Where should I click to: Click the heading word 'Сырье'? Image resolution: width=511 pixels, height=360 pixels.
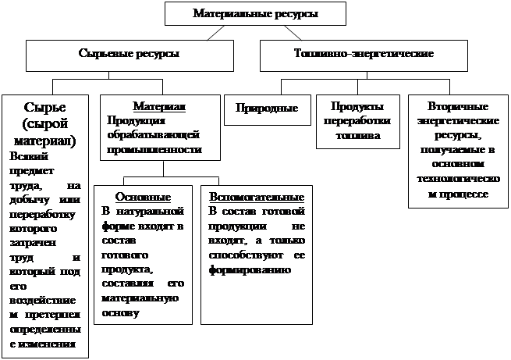[x=44, y=107]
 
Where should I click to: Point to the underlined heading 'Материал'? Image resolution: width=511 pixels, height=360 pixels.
[x=158, y=105]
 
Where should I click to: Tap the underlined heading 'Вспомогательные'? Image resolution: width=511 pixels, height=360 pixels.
[x=256, y=196]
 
